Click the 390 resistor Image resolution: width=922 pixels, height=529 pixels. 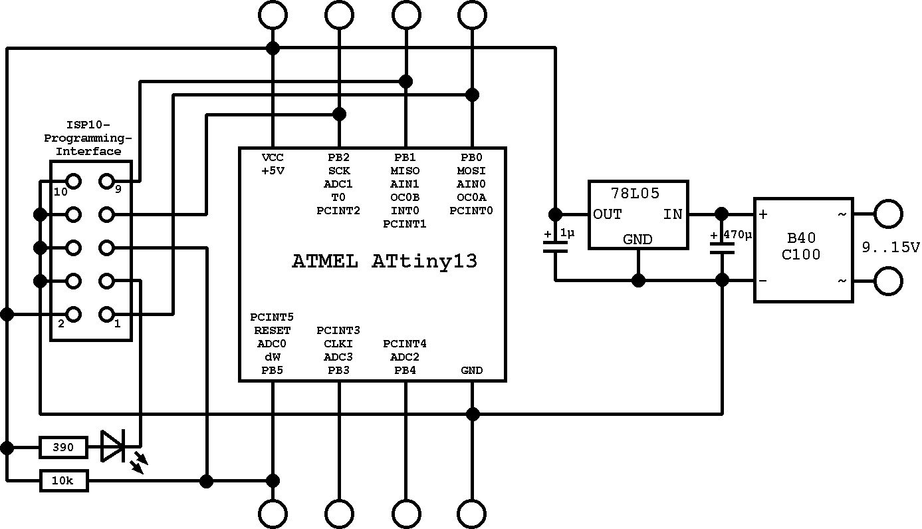(63, 447)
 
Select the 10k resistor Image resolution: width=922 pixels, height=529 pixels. (63, 480)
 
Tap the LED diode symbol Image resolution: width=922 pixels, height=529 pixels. (113, 446)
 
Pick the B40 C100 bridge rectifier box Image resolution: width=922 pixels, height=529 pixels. (803, 249)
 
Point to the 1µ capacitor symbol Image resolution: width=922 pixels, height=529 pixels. (555, 247)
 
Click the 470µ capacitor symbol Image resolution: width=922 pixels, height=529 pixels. (722, 247)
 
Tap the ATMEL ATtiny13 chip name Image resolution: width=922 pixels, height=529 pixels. (384, 262)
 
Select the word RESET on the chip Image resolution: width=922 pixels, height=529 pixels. (271, 330)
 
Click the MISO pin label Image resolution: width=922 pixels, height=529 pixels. (405, 171)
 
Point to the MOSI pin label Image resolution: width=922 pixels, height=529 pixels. (471, 171)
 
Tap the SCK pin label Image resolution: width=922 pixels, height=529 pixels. (338, 171)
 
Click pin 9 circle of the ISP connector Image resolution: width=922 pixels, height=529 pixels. (106, 181)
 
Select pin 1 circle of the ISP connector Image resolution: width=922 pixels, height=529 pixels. (106, 314)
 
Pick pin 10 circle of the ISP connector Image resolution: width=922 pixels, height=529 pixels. (73, 181)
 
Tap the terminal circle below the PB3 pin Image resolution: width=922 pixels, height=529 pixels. (338, 514)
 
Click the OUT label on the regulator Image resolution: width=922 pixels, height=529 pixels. (608, 214)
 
